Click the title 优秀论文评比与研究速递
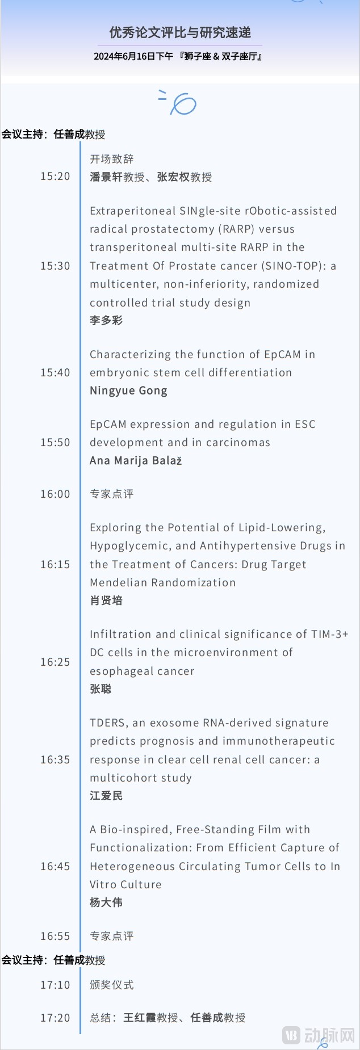tap(180, 33)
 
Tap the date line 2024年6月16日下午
tap(133, 57)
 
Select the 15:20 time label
tap(55, 177)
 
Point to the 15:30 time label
tap(55, 266)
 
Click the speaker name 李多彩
tap(106, 321)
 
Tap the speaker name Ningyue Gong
tap(128, 391)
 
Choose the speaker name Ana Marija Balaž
tap(136, 461)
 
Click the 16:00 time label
tap(55, 494)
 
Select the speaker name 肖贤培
tap(106, 600)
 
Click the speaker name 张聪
tap(101, 689)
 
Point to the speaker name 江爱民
tap(106, 796)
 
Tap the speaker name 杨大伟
tap(106, 902)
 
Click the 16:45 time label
tap(55, 867)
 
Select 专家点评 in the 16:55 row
tap(112, 936)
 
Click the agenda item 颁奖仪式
tap(112, 985)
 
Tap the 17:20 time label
tap(55, 1018)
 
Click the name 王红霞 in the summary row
tap(140, 1018)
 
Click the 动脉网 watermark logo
tap(319, 1035)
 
